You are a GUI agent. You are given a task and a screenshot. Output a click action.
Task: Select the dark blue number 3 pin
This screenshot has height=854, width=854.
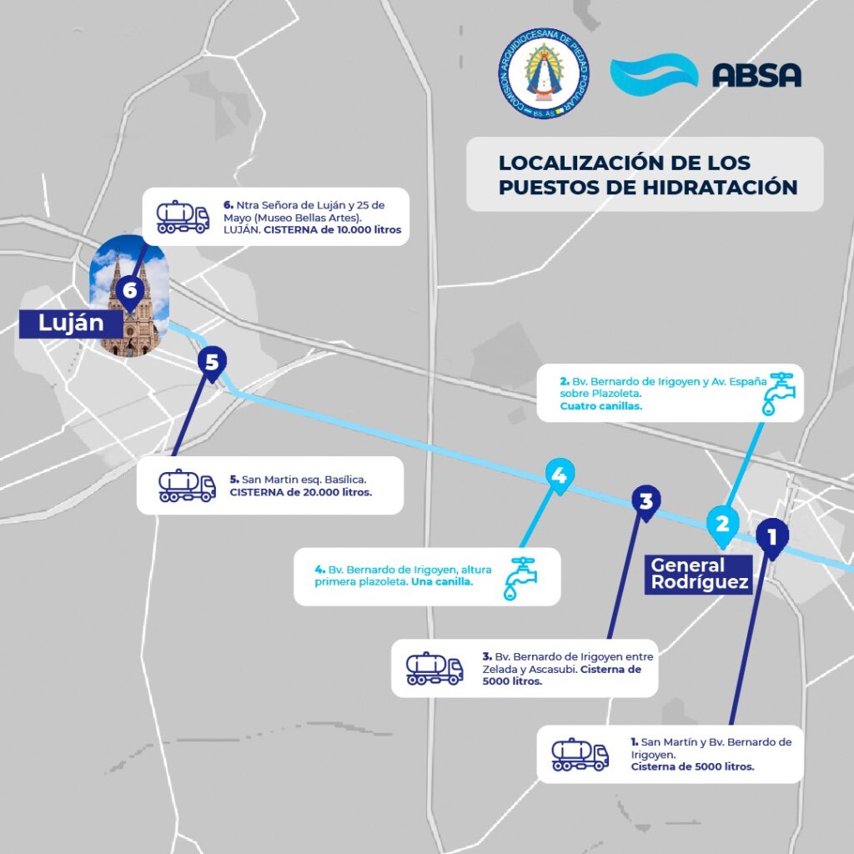[x=646, y=502]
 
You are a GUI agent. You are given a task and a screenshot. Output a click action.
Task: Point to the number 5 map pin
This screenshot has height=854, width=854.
[x=212, y=364]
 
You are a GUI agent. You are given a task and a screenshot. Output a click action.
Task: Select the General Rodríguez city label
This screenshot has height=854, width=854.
[x=699, y=575]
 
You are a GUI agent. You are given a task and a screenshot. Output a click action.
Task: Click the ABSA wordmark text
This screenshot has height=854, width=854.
[x=756, y=74]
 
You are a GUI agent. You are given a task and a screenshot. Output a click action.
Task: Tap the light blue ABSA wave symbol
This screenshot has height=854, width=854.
[x=654, y=73]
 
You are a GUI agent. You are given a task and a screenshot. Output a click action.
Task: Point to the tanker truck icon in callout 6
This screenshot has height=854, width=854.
[x=183, y=216]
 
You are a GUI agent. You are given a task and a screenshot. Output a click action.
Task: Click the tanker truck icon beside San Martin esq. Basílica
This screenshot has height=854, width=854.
[x=187, y=485]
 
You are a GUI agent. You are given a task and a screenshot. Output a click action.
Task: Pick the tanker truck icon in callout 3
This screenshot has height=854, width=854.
[x=434, y=668]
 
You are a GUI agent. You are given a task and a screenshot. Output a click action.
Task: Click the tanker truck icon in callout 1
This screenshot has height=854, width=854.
[x=580, y=754]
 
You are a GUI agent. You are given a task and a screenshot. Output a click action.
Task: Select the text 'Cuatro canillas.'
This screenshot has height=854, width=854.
[x=600, y=406]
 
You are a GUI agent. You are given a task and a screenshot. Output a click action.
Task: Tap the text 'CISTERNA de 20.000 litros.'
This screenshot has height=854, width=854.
[x=301, y=492]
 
